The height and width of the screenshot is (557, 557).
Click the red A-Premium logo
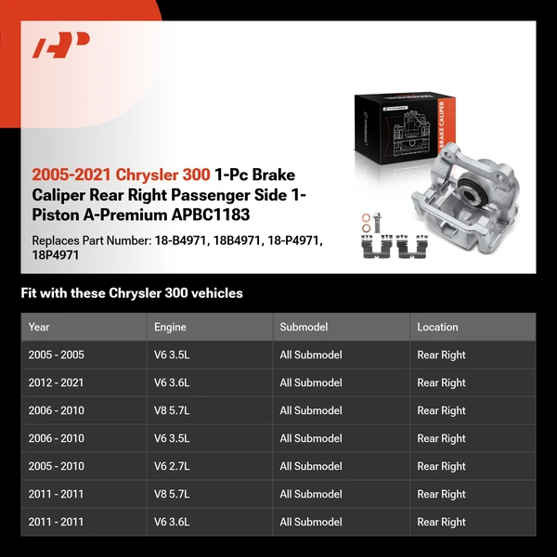pos(60,45)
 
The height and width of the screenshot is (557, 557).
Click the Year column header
pos(39,327)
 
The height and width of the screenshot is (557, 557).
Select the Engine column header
pos(170,327)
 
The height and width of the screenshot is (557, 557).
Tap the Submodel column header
pos(304,327)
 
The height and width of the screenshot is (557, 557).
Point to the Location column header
pos(437,327)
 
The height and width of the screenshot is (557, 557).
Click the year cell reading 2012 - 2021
pos(56,382)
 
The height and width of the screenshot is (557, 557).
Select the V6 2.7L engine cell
pos(172,466)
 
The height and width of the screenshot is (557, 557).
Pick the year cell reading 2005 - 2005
pos(56,355)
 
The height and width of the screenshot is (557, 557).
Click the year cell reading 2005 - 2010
pos(56,466)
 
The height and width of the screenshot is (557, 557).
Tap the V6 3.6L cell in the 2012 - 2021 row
pos(172,382)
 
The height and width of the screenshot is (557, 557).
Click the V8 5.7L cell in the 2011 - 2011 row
pos(172,494)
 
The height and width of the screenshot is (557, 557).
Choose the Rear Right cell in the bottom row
pos(441,522)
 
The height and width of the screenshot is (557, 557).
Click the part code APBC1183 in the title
pos(211,214)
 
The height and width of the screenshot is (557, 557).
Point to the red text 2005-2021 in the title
pos(71,175)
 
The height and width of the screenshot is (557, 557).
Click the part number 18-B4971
pos(180,240)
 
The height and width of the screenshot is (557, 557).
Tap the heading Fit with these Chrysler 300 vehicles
pos(132,293)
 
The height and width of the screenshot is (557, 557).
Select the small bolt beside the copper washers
pos(378,222)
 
